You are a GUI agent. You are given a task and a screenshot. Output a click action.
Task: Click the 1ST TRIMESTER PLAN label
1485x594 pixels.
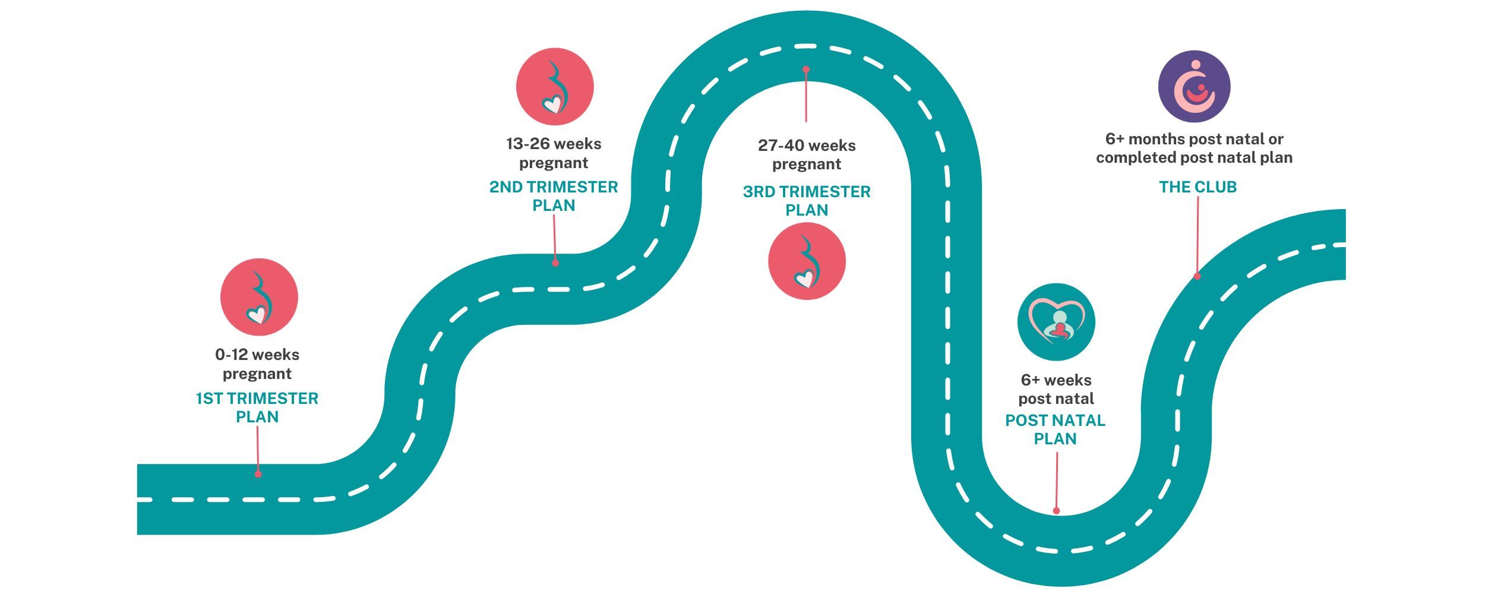click(257, 407)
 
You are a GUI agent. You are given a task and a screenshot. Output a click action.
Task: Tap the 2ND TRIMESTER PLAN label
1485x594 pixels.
click(554, 196)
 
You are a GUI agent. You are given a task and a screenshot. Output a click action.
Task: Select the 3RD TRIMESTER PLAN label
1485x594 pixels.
click(807, 201)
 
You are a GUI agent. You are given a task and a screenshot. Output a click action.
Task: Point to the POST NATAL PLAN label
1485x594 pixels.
click(1056, 429)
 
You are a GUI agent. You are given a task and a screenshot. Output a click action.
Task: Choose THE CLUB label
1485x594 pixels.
click(1198, 187)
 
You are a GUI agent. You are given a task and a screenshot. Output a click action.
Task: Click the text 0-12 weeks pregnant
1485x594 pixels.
click(257, 364)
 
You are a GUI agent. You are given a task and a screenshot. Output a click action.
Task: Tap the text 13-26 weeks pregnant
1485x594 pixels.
click(554, 153)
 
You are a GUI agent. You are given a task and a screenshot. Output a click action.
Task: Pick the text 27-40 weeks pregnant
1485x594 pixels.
click(807, 154)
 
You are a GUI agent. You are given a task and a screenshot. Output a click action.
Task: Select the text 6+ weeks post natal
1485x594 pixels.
click(1056, 389)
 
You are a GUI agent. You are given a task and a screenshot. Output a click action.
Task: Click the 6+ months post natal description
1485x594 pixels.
click(1194, 148)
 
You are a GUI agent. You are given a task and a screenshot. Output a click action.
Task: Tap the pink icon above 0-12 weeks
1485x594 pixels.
click(259, 297)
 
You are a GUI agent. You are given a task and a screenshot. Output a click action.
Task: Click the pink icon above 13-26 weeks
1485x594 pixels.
click(555, 87)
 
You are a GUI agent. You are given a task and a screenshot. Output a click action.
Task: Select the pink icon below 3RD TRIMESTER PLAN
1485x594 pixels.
click(807, 261)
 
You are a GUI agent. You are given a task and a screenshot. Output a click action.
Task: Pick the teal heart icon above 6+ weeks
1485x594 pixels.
click(1056, 322)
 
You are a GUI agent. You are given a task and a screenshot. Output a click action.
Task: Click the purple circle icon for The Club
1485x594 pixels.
click(1194, 87)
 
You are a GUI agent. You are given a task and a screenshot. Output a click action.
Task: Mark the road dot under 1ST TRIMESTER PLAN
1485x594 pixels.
click(258, 474)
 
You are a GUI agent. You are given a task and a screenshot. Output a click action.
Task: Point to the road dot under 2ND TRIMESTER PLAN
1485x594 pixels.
click(555, 263)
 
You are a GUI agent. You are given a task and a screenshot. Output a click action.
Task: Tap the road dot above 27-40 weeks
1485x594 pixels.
click(806, 69)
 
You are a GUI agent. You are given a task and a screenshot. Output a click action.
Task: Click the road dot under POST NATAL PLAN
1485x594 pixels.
click(1056, 511)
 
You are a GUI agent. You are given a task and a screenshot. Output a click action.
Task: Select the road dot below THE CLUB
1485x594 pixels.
click(1197, 276)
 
